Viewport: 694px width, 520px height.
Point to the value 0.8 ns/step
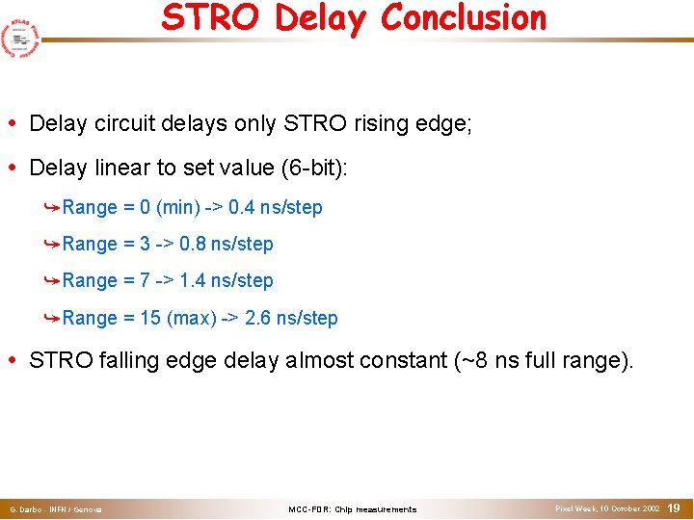[x=226, y=244]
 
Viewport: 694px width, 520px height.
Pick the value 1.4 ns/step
[x=226, y=280]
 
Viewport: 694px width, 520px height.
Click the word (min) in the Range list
[x=175, y=207]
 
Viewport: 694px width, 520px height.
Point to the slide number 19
[x=674, y=507]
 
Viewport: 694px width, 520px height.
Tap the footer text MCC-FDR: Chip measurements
[x=353, y=509]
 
